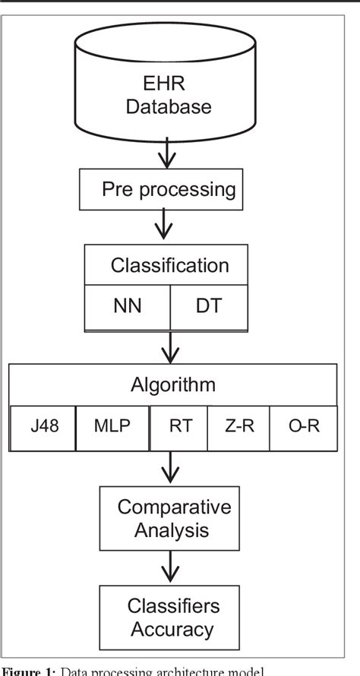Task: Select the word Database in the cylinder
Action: [169, 106]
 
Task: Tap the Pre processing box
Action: [162, 189]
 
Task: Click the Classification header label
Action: [169, 265]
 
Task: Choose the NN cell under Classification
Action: [127, 307]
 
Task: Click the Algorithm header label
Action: [172, 384]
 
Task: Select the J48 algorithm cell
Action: [43, 427]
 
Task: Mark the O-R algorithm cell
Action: [303, 427]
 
